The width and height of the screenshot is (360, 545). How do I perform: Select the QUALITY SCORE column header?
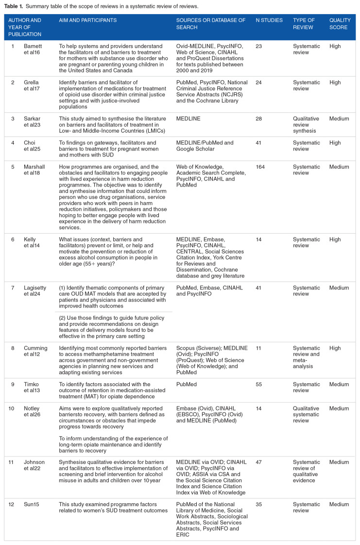coord(339,24)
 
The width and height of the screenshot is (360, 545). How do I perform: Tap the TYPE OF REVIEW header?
coord(304,24)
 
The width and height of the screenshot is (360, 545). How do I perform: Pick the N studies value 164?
coord(261,167)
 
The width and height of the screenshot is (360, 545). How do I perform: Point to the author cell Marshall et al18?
coord(35,170)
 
